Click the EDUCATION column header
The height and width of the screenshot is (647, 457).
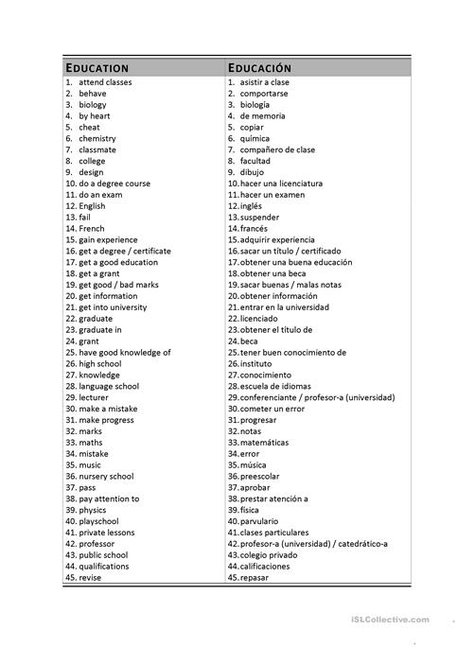pyautogui.click(x=97, y=68)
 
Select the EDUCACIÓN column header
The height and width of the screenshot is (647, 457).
pyautogui.click(x=259, y=68)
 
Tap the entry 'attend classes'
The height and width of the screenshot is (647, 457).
pyautogui.click(x=105, y=82)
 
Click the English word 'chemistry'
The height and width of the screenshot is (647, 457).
pyautogui.click(x=97, y=139)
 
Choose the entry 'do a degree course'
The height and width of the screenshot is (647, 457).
pyautogui.click(x=114, y=184)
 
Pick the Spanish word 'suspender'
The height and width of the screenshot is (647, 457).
pyautogui.click(x=263, y=218)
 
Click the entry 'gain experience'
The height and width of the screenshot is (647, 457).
pyautogui.click(x=108, y=240)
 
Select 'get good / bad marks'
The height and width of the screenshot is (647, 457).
pyautogui.click(x=118, y=285)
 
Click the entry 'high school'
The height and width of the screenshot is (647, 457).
pyautogui.click(x=100, y=364)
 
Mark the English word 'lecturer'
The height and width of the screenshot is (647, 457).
pyautogui.click(x=94, y=397)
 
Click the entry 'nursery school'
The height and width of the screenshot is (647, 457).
pyautogui.click(x=106, y=477)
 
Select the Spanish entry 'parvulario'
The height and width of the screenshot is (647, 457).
pyautogui.click(x=260, y=521)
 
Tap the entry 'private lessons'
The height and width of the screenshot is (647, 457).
pyautogui.click(x=107, y=533)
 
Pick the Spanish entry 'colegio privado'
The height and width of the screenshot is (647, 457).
pyautogui.click(x=270, y=555)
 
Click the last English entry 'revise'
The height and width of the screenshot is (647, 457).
pyautogui.click(x=90, y=578)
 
